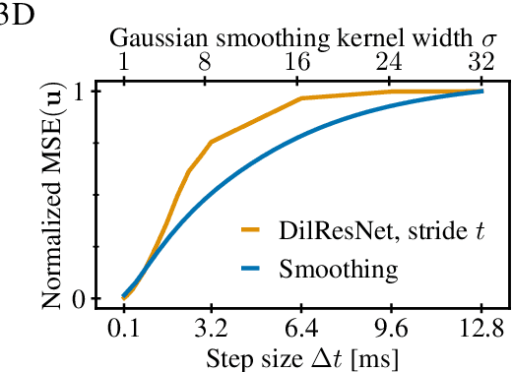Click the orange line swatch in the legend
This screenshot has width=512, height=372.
point(258,232)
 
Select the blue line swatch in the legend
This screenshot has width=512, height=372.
point(258,269)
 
